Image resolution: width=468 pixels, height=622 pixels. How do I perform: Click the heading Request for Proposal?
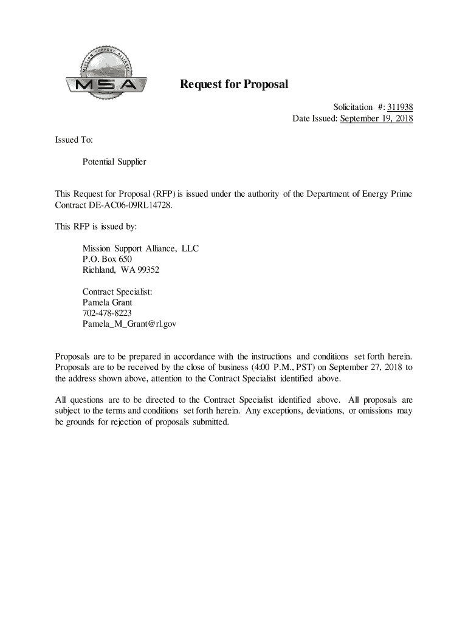233,84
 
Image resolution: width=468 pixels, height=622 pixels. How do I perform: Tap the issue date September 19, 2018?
376,118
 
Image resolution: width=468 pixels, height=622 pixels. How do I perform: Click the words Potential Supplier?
114,162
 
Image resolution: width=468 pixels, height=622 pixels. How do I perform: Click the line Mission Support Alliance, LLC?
140,249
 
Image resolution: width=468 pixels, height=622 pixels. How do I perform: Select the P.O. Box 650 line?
107,259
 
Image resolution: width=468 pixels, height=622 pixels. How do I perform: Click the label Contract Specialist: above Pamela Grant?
117,292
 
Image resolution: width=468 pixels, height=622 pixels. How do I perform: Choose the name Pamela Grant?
107,302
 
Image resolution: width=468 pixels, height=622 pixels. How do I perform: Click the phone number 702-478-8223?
107,313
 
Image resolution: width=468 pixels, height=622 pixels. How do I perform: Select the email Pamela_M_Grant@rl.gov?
129,324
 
